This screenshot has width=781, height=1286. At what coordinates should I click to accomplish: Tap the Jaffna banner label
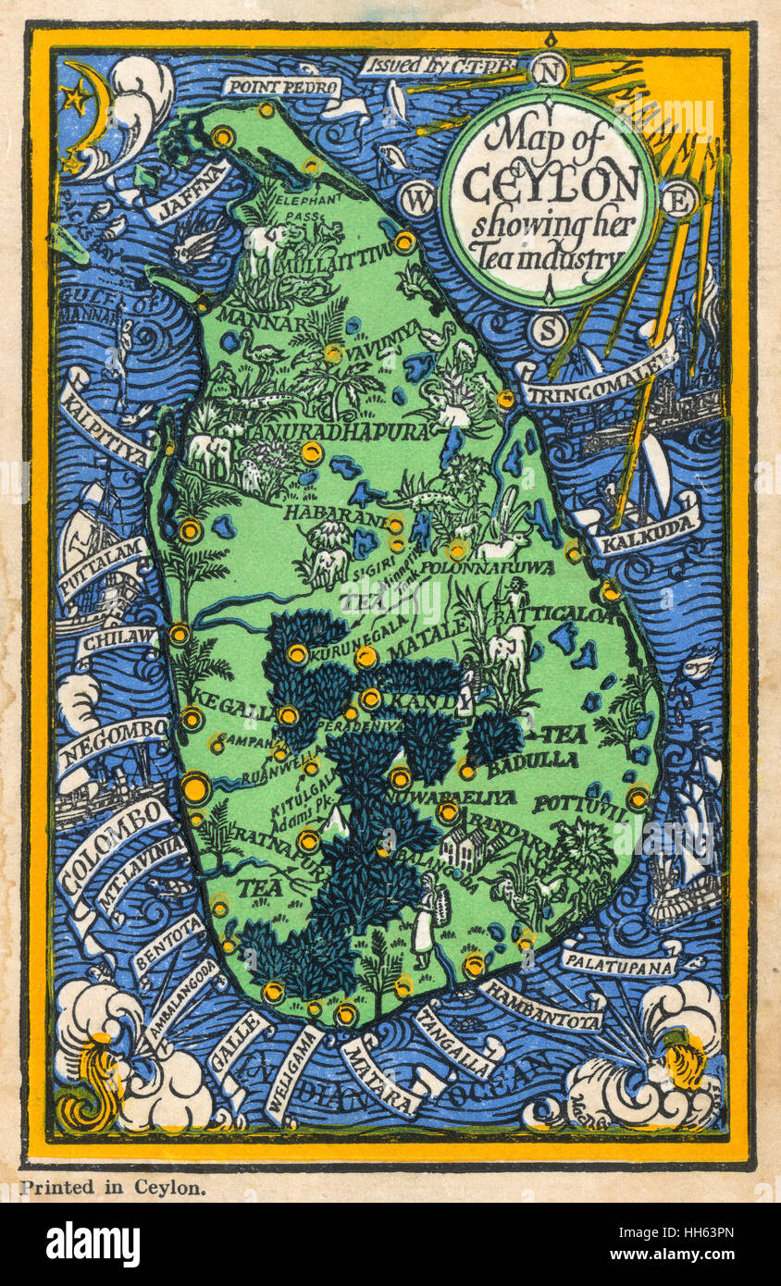coord(186,192)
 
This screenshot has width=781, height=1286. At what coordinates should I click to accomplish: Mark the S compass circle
coord(549,329)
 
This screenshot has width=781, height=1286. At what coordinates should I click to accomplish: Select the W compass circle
coord(418,199)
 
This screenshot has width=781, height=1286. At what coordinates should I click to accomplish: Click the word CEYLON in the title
coord(550,186)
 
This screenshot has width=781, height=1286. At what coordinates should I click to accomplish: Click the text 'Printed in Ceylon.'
coord(112,1188)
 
